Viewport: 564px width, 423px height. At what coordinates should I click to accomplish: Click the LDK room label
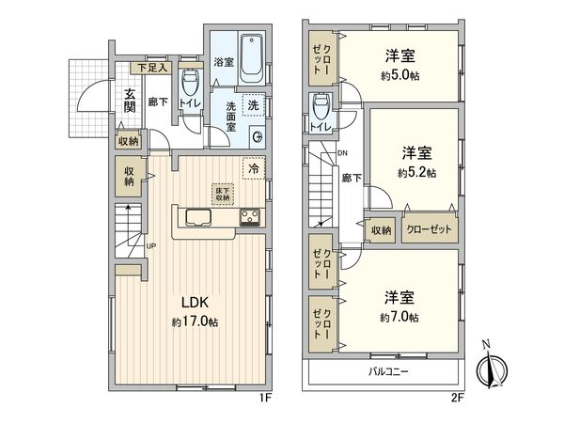pyautogui.click(x=194, y=303)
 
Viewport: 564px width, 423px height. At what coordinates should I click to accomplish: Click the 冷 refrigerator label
pyautogui.click(x=252, y=168)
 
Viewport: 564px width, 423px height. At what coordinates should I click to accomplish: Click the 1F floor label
pyautogui.click(x=265, y=397)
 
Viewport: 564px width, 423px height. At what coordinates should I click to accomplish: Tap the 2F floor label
pyautogui.click(x=458, y=397)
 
